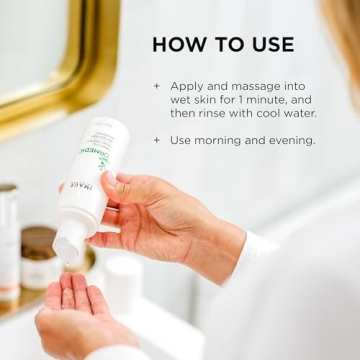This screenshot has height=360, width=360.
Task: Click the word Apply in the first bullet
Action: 188,86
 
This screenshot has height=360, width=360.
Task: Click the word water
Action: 313,113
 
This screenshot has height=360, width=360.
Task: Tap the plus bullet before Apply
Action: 156,86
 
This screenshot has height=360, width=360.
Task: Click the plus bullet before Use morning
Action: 156,140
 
